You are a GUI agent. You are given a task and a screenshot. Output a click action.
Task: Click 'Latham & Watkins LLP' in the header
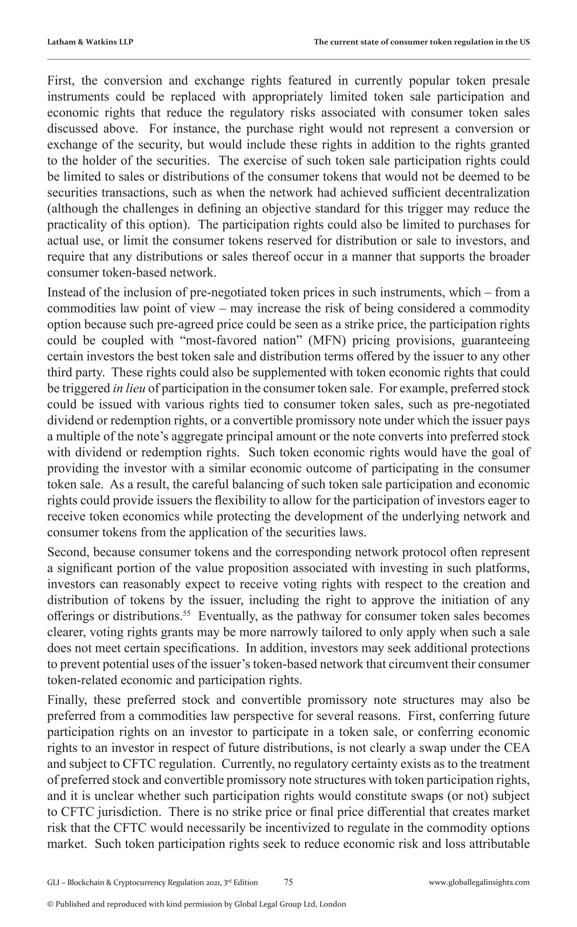coord(90,42)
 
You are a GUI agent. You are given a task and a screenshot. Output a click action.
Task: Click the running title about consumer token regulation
coord(421,42)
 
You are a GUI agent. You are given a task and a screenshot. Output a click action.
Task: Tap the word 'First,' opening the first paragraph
coord(61,81)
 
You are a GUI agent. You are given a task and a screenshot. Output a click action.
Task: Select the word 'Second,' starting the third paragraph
coord(68,552)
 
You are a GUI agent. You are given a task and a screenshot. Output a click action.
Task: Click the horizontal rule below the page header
coord(288,59)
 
